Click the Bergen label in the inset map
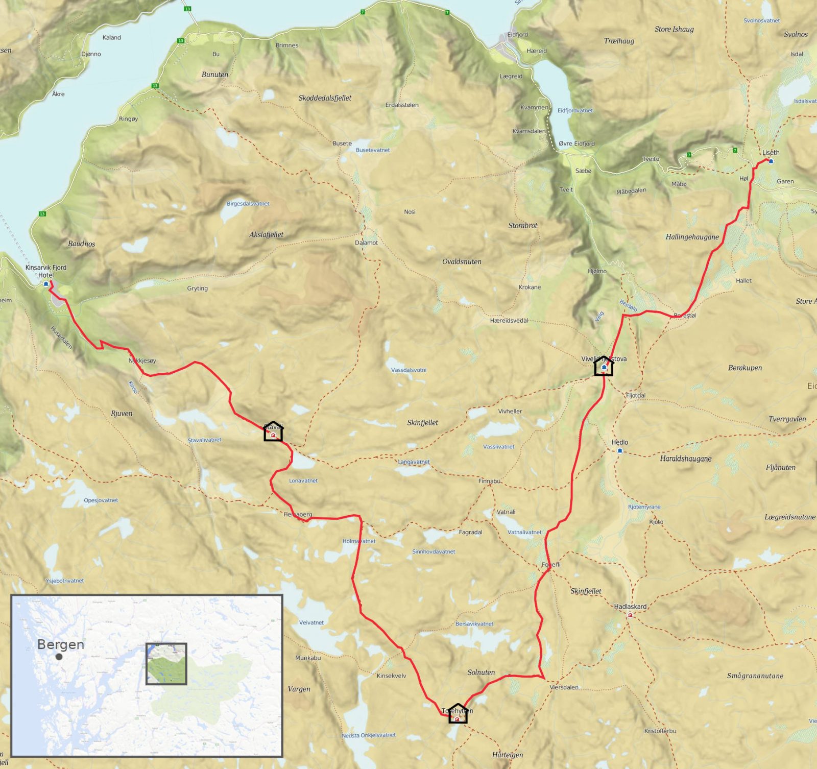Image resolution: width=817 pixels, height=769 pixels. pos(61,644)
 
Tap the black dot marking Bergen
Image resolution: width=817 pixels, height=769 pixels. pos(59,657)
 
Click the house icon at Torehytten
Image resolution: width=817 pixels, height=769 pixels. pos(458,714)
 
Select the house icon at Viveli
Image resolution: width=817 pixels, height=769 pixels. pos(604,366)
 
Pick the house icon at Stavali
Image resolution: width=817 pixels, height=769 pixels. pos(273,431)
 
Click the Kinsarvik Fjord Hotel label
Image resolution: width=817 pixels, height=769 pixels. pos(46,271)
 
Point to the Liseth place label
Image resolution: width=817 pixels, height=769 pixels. pos(771,153)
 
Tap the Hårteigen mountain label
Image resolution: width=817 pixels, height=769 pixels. pos(507,755)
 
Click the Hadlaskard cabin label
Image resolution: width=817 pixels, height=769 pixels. pos(630,607)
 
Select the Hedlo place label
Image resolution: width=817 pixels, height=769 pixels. pos(619,442)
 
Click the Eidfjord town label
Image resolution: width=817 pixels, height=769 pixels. pos(517,35)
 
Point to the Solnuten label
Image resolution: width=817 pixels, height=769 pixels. pos(481,672)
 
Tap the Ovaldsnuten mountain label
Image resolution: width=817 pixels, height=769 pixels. pos(462,261)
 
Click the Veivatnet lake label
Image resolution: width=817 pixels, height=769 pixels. pos(311,622)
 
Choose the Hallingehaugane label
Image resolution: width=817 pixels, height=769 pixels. pos(692,237)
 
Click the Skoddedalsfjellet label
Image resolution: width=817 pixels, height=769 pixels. pos(325,98)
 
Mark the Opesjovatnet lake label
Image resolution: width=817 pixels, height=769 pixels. pos(101,500)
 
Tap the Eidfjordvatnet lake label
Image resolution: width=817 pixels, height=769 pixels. pos(575,110)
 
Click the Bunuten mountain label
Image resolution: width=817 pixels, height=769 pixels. pos(214,75)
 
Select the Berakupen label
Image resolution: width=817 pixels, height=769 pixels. pos(744,368)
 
